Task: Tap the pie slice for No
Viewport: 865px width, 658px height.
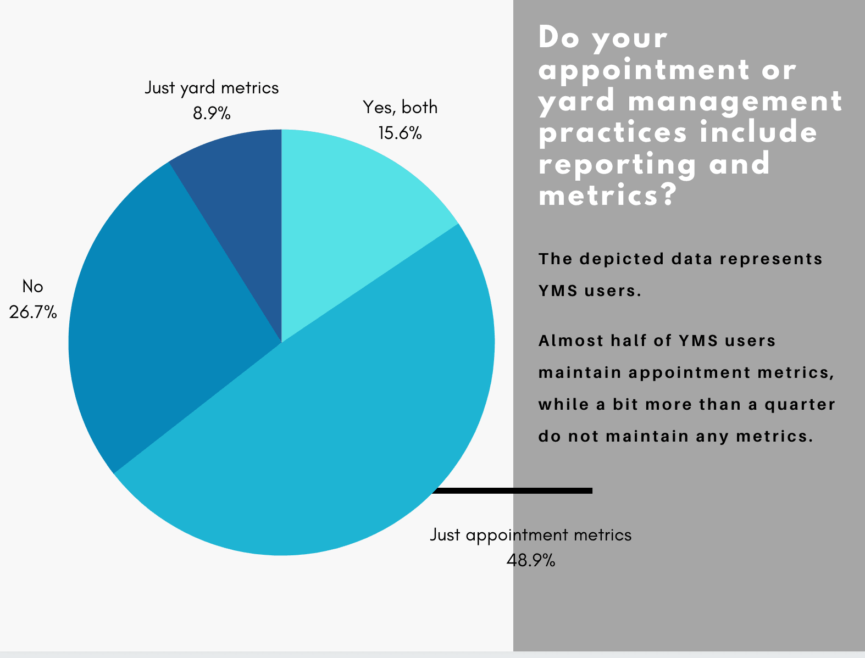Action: pyautogui.click(x=158, y=315)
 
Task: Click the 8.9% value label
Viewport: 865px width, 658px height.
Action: pyautogui.click(x=212, y=114)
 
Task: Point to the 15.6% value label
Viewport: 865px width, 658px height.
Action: pyautogui.click(x=400, y=133)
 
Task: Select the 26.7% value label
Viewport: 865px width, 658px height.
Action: pyautogui.click(x=33, y=313)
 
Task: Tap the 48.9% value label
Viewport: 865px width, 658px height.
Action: pyautogui.click(x=531, y=560)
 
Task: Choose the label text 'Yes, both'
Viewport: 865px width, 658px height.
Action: pyautogui.click(x=400, y=108)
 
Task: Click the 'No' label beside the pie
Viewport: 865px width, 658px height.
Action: pyautogui.click(x=33, y=287)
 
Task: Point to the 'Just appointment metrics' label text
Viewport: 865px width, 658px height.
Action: pyautogui.click(x=531, y=536)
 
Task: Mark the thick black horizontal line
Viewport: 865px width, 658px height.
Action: pyautogui.click(x=512, y=490)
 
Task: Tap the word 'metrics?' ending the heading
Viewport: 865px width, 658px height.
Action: pyautogui.click(x=608, y=194)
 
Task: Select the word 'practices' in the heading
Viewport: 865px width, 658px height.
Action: pyautogui.click(x=613, y=132)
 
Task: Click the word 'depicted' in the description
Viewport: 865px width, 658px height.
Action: pyautogui.click(x=622, y=259)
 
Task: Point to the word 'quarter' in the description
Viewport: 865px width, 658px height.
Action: pyautogui.click(x=800, y=404)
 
